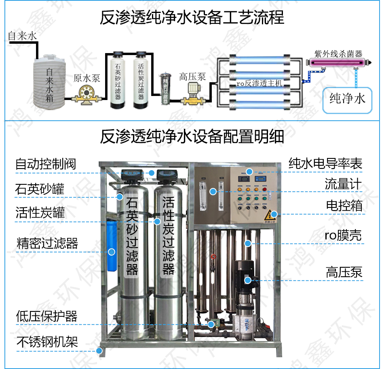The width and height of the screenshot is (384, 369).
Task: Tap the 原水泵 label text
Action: [x=87, y=78]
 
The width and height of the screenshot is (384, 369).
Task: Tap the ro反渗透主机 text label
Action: [x=259, y=83]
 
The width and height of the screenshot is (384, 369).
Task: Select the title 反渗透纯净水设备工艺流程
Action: [x=192, y=18]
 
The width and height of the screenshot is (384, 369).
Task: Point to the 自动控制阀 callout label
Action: [x=46, y=164]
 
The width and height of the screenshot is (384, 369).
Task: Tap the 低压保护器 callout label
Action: [x=46, y=316]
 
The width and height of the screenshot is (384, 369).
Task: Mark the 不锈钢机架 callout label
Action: [x=47, y=342]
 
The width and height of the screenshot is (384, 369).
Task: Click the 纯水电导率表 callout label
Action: [x=325, y=164]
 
